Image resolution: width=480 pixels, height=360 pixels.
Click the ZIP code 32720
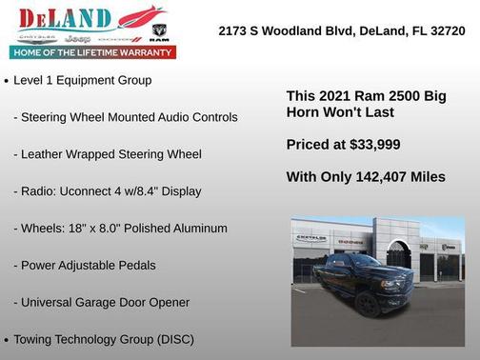(446, 30)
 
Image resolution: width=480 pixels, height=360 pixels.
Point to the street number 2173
(233, 30)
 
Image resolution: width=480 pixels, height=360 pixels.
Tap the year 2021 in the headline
(331, 96)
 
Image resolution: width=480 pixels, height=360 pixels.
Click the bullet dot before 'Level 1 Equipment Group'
(7, 82)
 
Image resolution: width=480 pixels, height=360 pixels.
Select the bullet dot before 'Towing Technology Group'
(7, 340)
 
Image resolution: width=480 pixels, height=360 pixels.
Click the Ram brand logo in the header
(159, 36)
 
